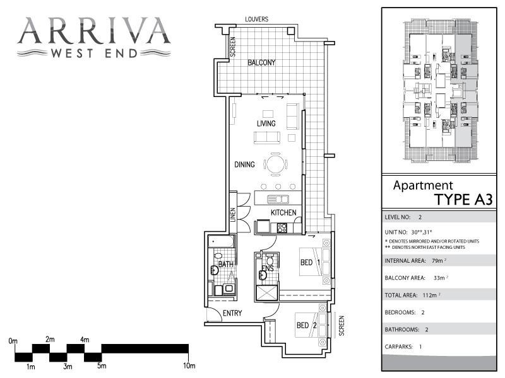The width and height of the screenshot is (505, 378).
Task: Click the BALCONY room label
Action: pos(261,63)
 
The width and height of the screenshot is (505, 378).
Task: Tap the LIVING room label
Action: pos(267,123)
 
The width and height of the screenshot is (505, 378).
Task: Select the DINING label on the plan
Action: pos(244,165)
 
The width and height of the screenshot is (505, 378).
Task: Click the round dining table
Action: pos(276,164)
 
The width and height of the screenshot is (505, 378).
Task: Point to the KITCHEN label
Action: pos(283,213)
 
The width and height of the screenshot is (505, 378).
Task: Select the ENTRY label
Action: pos(232,314)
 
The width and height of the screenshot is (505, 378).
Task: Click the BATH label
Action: pos(225,265)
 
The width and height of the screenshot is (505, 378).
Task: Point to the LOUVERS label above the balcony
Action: pos(256,20)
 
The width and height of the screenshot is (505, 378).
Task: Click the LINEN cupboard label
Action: pos(233,214)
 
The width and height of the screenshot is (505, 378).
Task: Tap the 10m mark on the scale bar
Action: pos(189,366)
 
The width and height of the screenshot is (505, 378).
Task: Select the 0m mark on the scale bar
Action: pos(13,341)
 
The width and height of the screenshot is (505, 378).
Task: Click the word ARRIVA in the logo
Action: pos(94,30)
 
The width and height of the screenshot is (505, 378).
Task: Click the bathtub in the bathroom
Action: pos(221,241)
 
